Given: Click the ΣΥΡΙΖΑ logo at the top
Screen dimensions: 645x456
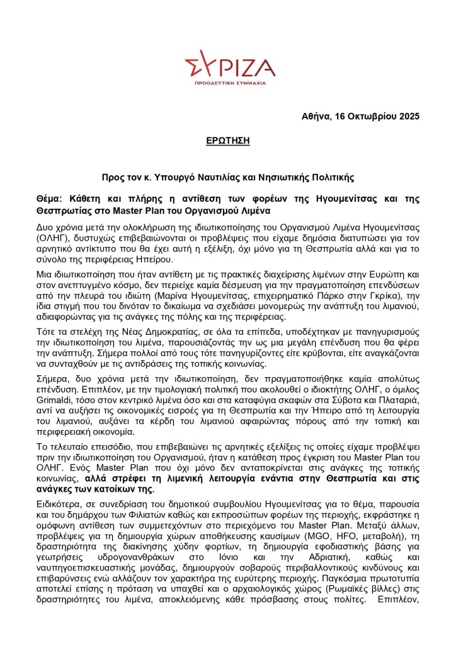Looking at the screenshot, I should [230, 65].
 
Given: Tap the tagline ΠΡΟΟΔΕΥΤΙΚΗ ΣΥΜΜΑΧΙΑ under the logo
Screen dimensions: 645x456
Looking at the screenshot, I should [230, 83].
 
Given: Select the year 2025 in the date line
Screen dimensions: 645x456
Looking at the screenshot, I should [407, 117].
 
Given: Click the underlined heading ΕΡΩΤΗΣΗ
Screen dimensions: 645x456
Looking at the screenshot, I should [227, 141].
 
